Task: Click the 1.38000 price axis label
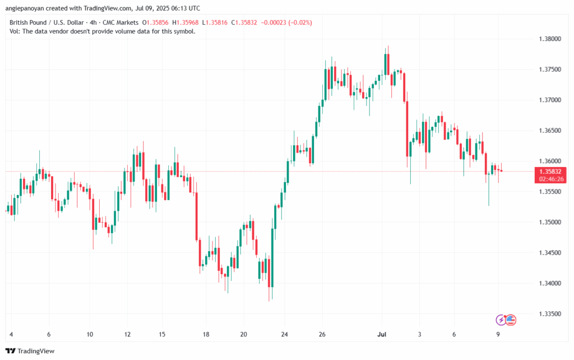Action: (x=548, y=39)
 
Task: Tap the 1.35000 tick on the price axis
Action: (x=548, y=222)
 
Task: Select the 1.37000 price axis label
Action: (x=548, y=100)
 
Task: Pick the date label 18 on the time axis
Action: (x=206, y=334)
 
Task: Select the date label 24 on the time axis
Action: (x=284, y=334)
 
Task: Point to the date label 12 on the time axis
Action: (x=128, y=334)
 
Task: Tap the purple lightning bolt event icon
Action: (x=501, y=320)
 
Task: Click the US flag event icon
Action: (x=510, y=320)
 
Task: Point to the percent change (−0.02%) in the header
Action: (x=299, y=22)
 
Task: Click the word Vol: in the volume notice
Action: (x=16, y=31)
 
